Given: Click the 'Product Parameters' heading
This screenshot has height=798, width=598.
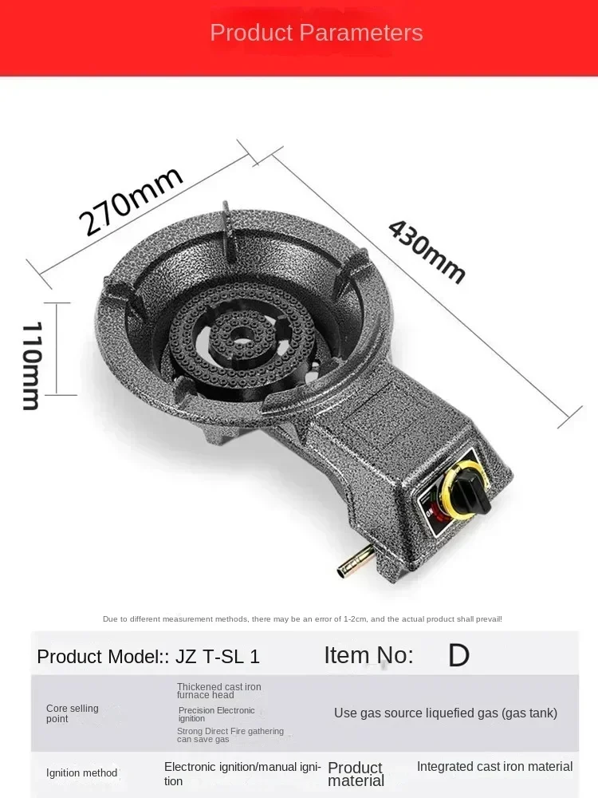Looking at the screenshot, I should pos(316,33).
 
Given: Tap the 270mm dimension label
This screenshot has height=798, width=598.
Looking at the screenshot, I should pos(131,201).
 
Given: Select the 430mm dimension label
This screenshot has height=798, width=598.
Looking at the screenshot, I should pos(427,251).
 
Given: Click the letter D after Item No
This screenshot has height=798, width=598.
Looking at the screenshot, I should pos(458,656).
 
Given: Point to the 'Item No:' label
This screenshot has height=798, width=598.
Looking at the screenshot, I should pos(368,655).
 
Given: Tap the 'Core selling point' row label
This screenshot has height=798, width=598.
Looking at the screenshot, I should pos(73,713).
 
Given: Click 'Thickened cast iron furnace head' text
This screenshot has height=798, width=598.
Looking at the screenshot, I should pos(218,691).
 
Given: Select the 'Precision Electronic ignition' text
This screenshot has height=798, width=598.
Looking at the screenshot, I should pos(216,714).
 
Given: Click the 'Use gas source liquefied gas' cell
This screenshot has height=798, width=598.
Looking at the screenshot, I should pos(445,713).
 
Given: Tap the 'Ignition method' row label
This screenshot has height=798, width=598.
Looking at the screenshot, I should pos(81,772).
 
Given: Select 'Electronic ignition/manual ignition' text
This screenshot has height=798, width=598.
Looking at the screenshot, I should pos(242,773).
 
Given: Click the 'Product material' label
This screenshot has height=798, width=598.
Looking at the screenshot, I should pos(356,774).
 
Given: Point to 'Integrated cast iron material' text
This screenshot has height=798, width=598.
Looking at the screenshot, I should pos(494,766).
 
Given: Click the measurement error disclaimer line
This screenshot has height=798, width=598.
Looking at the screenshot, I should pos(302,618).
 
